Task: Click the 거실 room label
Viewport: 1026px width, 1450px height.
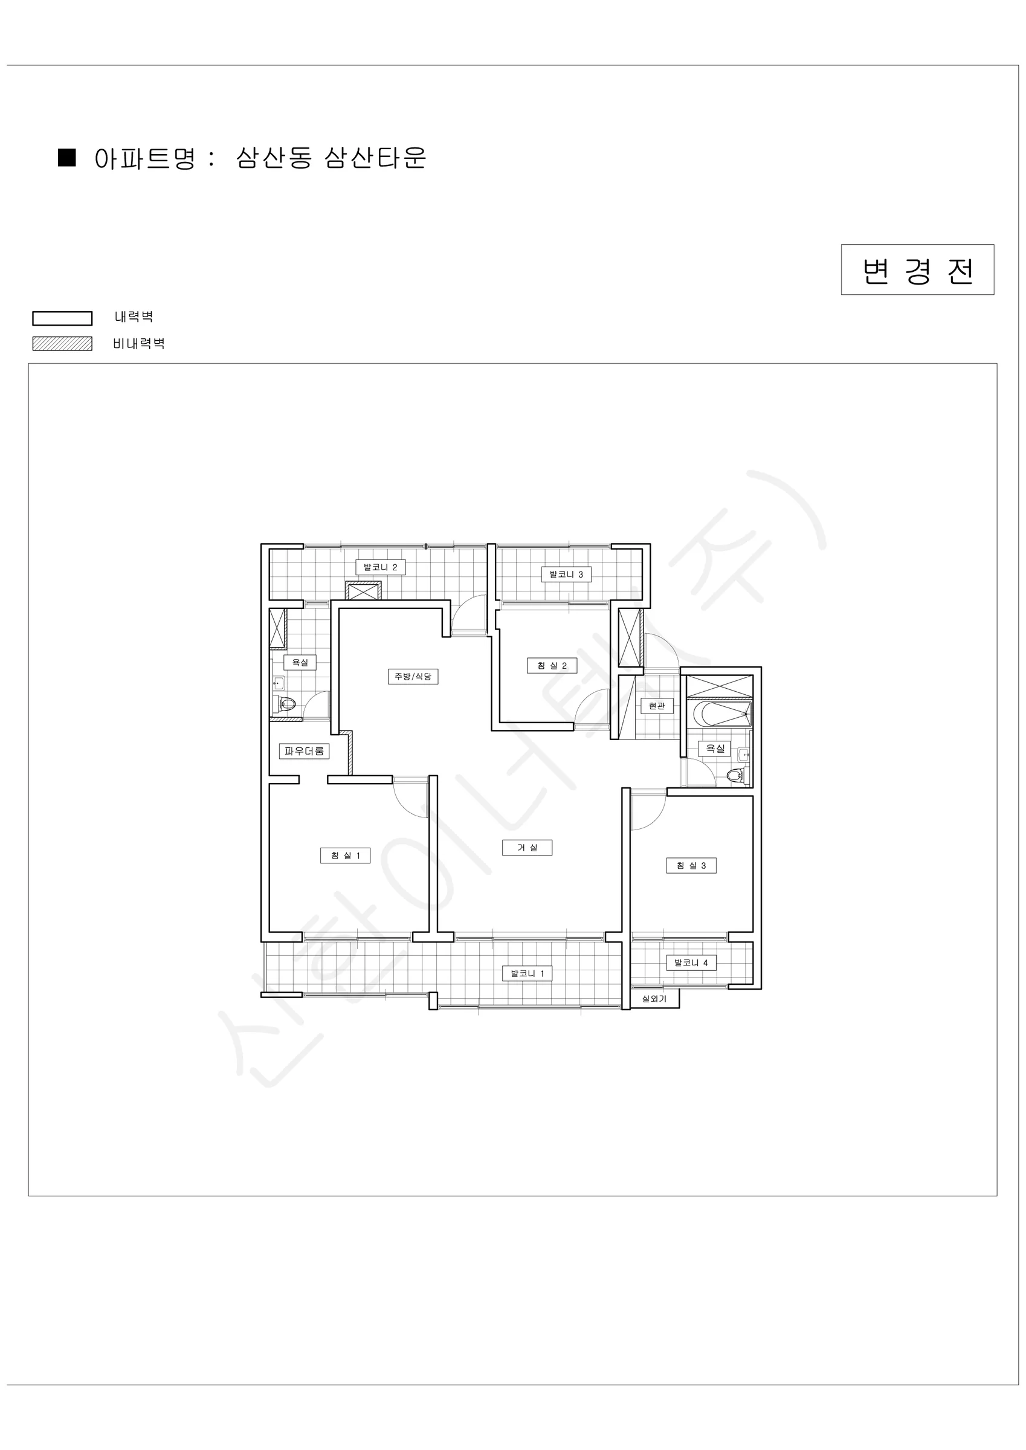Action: (x=527, y=848)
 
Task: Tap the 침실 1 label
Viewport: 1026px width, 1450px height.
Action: (x=345, y=855)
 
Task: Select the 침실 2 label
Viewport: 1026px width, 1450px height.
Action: (x=552, y=666)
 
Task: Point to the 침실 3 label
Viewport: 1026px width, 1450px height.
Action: (x=691, y=865)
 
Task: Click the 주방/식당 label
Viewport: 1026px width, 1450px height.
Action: (x=413, y=677)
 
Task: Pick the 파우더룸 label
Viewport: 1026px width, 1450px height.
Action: (x=304, y=751)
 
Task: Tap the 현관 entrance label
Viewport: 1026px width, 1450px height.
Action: (x=656, y=706)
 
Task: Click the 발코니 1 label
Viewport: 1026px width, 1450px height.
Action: (x=528, y=973)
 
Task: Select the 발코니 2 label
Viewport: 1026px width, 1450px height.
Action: (x=380, y=567)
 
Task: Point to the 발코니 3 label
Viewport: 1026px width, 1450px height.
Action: (x=566, y=575)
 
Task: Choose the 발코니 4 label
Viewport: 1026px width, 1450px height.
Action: (x=691, y=963)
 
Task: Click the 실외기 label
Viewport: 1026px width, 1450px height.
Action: (x=654, y=999)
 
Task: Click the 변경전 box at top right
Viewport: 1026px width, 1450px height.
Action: (x=917, y=269)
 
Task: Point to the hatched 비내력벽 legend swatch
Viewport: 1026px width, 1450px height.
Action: (x=63, y=344)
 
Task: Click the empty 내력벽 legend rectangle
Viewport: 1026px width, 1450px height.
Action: (x=63, y=318)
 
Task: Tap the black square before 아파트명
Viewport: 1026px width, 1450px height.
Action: (x=67, y=157)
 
